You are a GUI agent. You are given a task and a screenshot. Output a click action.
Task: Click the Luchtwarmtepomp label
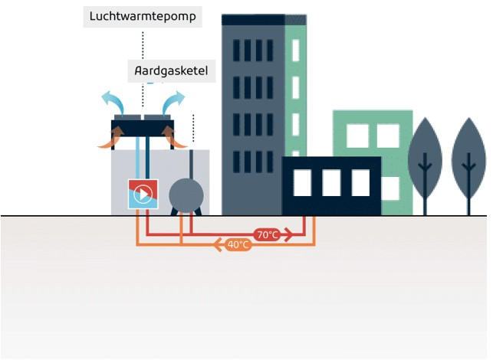(x=143, y=16)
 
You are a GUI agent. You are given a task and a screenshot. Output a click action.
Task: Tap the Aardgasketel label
(x=171, y=72)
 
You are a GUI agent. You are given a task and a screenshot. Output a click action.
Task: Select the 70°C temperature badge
(x=267, y=235)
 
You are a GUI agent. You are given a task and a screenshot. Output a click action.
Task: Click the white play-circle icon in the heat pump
(x=142, y=195)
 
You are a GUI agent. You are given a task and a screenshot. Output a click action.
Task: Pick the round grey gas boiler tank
(x=185, y=195)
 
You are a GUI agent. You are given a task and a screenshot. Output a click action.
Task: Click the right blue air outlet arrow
(x=173, y=101)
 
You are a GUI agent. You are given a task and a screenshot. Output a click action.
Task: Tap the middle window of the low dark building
(x=331, y=182)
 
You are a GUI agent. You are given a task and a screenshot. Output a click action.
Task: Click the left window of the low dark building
(x=302, y=182)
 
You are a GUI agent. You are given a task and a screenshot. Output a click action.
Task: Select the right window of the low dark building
(x=360, y=182)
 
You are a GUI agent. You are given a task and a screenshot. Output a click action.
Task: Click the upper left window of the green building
(x=357, y=136)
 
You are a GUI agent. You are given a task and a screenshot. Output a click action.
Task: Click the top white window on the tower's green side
(x=295, y=49)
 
